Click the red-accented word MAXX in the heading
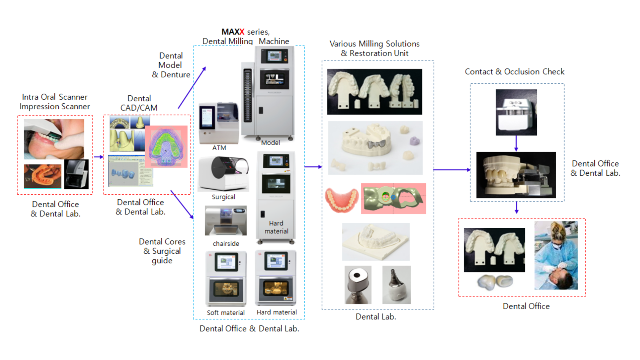click(233, 32)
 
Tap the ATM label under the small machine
click(219, 148)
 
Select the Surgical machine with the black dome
click(224, 173)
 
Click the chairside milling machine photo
click(226, 221)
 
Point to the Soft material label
click(226, 313)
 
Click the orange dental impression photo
click(42, 176)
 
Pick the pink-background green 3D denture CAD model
click(166, 147)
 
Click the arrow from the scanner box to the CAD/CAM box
click(98, 157)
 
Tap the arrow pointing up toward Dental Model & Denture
click(192, 88)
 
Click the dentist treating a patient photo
click(556, 255)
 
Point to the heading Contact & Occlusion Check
click(514, 72)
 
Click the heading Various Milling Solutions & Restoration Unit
click(374, 48)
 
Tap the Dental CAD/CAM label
click(139, 103)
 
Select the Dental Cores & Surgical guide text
click(162, 251)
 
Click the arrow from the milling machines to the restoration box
click(313, 166)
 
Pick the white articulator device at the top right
click(516, 112)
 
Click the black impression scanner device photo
click(76, 174)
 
